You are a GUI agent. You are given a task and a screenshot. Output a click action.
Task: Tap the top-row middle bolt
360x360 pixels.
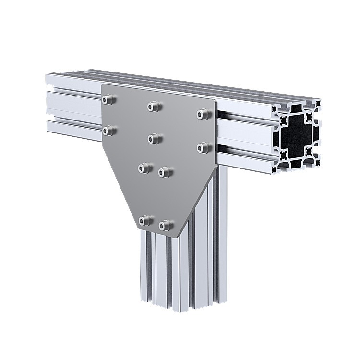click(153, 106)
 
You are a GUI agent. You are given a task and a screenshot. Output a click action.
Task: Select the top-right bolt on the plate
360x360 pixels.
click(203, 114)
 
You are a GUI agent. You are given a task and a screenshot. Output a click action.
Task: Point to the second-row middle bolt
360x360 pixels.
click(154, 139)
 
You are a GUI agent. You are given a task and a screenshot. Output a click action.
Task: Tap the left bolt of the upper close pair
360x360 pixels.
click(144, 168)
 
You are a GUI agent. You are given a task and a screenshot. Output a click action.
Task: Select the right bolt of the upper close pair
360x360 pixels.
click(164, 172)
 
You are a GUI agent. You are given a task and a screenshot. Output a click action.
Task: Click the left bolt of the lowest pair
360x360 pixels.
click(144, 220)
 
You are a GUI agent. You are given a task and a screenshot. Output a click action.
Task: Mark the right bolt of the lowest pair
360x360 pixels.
click(165, 225)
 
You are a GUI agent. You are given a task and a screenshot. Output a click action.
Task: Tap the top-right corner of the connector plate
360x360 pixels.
click(216, 102)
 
